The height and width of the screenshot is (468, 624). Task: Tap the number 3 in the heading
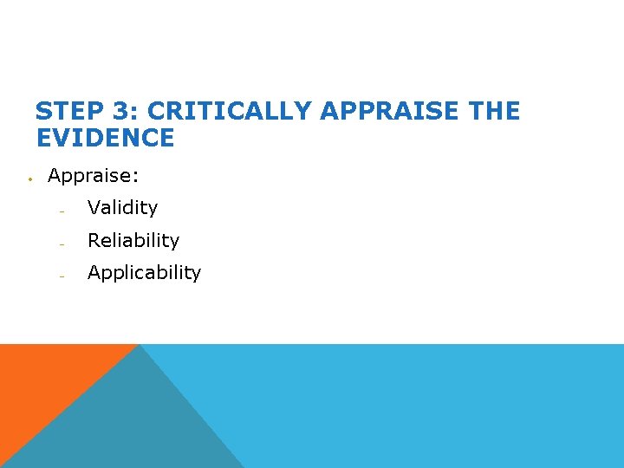120,112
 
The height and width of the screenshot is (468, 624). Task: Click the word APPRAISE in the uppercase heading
388,112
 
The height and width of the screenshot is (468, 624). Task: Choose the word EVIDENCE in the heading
105,138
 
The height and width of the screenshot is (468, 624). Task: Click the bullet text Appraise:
93,176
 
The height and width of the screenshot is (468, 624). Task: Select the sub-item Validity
122,208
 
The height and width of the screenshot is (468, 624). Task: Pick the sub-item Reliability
133,240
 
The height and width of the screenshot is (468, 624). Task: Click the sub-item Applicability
144,273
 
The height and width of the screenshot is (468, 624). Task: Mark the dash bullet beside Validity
62,211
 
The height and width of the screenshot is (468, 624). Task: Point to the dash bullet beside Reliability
62,244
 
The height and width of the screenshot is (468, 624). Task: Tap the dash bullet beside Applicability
62,276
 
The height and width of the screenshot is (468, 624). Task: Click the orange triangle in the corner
43,381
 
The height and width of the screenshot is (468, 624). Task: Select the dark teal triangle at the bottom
130,425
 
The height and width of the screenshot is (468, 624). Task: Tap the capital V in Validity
94,208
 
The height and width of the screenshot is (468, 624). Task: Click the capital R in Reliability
94,240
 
